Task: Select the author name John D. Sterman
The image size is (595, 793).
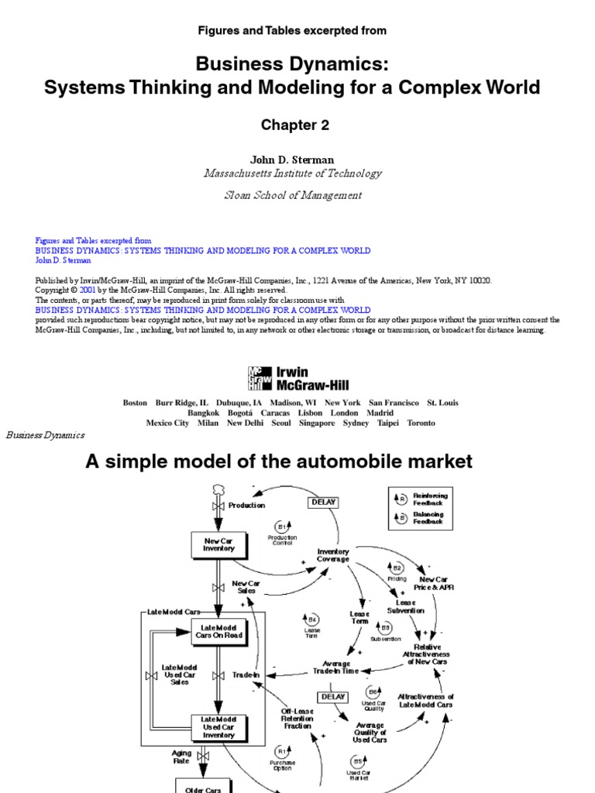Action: [x=291, y=159]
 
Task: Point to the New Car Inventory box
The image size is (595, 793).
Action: [x=218, y=544]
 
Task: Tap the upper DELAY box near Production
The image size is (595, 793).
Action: [x=324, y=502]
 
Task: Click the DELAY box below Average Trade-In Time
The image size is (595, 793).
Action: [x=329, y=696]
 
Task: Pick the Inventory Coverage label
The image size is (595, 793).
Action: [x=333, y=555]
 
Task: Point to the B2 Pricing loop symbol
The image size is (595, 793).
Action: [x=397, y=568]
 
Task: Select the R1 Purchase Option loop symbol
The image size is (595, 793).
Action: [x=283, y=751]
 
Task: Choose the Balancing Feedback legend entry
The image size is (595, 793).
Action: [x=422, y=518]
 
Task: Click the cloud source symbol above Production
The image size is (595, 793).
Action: [x=217, y=488]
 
